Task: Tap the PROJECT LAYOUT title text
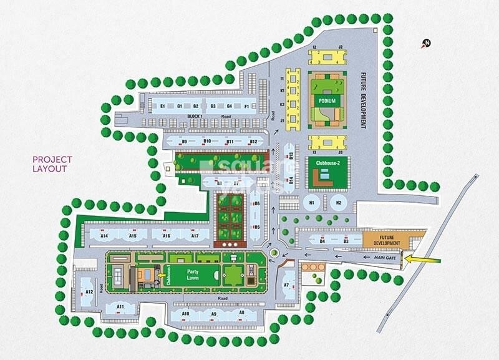52,164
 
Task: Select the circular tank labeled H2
337,202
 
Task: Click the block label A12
89,292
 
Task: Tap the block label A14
105,236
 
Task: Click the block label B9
184,142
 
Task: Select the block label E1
162,107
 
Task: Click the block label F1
246,107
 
